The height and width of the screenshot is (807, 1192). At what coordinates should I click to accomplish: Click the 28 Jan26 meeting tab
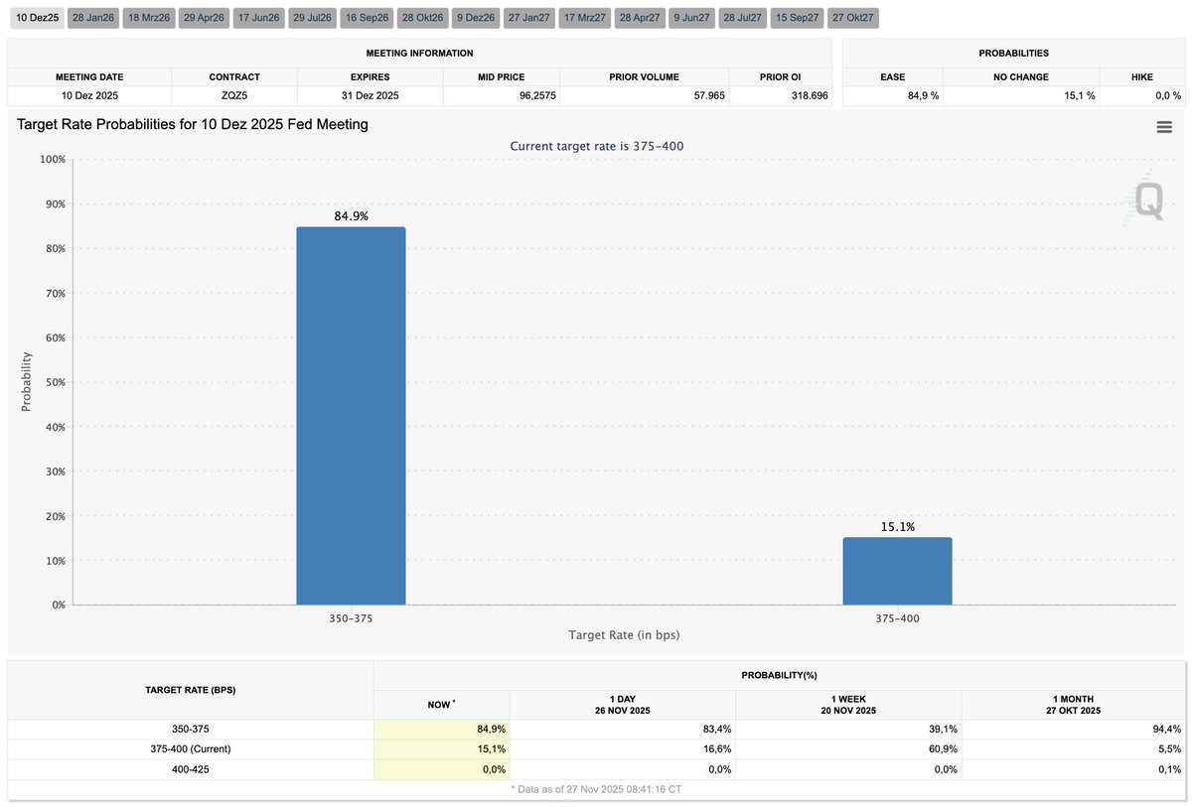click(x=92, y=18)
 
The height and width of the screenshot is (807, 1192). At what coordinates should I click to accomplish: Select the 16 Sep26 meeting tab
click(x=366, y=18)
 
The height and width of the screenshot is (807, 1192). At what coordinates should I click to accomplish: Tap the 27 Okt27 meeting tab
click(x=853, y=18)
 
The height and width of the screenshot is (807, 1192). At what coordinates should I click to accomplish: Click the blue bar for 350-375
click(x=351, y=416)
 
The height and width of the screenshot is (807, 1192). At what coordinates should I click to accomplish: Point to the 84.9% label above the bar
click(x=351, y=215)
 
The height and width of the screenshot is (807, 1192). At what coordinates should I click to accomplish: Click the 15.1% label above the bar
click(x=897, y=527)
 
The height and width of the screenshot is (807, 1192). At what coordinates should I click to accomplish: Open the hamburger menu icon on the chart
click(x=1164, y=126)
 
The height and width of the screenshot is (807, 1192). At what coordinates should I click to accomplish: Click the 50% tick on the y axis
click(x=52, y=382)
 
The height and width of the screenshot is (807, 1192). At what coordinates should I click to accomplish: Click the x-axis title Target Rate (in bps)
click(x=624, y=634)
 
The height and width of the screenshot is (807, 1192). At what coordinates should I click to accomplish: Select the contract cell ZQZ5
click(x=234, y=96)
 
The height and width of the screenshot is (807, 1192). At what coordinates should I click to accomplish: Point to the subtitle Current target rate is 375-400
click(x=596, y=146)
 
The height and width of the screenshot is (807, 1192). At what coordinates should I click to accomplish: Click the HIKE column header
click(x=1141, y=76)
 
